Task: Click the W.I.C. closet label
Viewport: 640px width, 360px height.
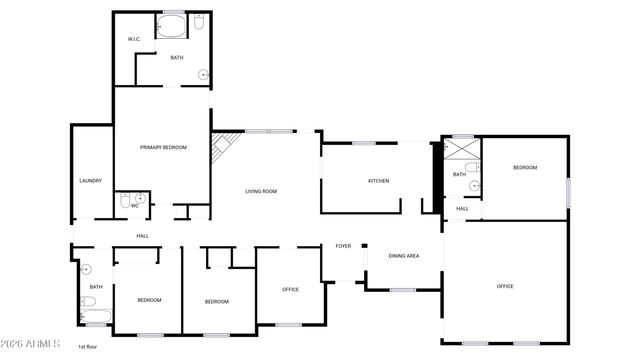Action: [x=133, y=39]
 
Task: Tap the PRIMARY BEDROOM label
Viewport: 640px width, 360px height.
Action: [x=163, y=148]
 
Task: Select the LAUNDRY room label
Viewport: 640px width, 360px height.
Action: [x=90, y=181]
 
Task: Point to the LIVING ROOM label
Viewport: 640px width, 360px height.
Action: [x=261, y=191]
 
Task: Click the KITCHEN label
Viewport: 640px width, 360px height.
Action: [x=378, y=181]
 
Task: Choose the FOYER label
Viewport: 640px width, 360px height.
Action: [x=343, y=246]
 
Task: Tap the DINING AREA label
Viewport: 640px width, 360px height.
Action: [x=403, y=256]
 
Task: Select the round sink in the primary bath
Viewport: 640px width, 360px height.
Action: [x=204, y=73]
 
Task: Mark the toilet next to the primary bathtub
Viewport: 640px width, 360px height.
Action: [x=198, y=21]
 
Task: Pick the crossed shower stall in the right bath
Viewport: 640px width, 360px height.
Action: [x=461, y=149]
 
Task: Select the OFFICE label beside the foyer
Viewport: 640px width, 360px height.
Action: [x=290, y=290]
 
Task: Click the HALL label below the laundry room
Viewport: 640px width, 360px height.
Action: [x=143, y=236]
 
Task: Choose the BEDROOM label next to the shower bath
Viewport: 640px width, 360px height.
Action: [x=525, y=168]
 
